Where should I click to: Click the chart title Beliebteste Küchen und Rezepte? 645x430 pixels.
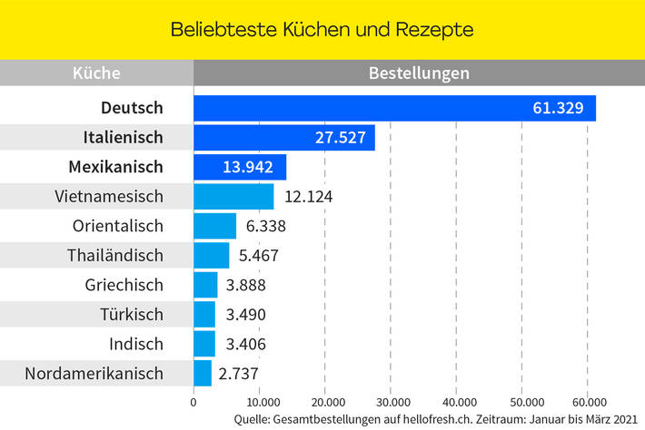point(322,29)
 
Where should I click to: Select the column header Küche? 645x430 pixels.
point(96,73)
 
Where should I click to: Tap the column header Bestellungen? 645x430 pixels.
point(419,73)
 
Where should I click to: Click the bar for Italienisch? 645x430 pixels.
point(283,138)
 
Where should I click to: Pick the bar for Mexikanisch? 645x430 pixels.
point(240,167)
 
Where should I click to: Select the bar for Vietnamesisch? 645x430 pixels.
point(233,196)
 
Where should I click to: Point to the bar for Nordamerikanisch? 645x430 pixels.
point(203,373)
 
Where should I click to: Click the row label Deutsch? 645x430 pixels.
point(132,108)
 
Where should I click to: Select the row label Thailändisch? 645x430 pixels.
point(115,255)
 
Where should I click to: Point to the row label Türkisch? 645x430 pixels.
point(132,315)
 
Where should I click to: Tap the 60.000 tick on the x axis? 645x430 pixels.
point(587,402)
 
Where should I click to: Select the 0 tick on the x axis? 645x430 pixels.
point(193,402)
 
